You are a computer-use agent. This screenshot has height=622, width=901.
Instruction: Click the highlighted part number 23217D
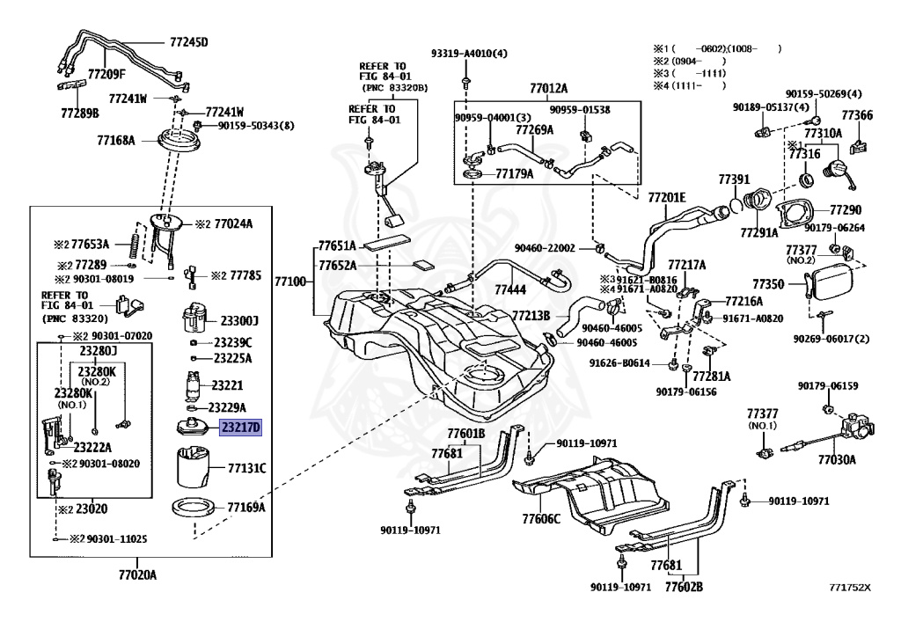(x=240, y=429)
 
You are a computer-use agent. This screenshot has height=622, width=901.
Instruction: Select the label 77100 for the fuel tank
(x=290, y=282)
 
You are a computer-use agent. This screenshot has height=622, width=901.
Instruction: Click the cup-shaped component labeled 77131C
(x=193, y=467)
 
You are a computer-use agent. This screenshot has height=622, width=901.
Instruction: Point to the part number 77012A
(x=548, y=88)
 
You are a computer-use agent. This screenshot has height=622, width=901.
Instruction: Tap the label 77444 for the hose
(x=510, y=289)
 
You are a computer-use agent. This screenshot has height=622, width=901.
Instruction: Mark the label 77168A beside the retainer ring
(x=115, y=140)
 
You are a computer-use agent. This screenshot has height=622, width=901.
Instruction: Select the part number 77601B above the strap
(x=465, y=434)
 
